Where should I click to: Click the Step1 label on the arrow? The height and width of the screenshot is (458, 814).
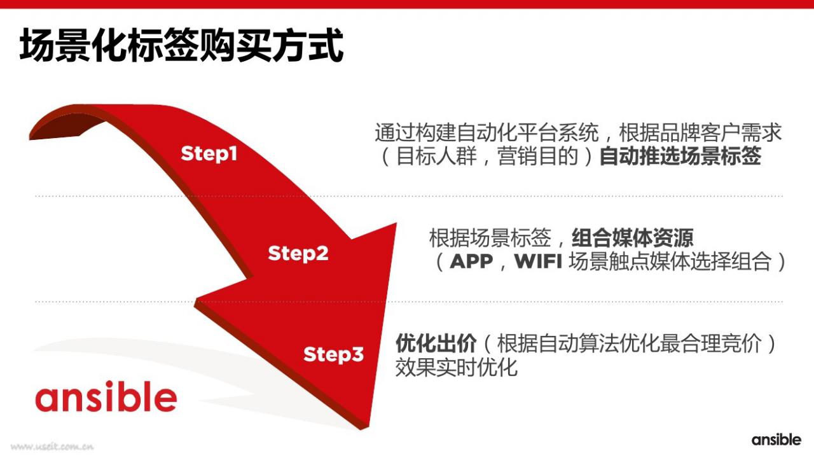coord(209,154)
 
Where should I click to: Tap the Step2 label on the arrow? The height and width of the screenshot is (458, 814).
coord(298,253)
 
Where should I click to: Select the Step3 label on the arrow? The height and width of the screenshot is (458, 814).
coord(333,354)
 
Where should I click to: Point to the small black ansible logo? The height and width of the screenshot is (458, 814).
coord(776,440)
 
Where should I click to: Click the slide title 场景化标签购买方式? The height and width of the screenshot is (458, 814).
coord(181,45)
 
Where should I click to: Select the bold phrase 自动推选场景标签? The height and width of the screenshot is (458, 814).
coord(680,156)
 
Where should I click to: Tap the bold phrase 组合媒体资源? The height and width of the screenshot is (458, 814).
coord(632,238)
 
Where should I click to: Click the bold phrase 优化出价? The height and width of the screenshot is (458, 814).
coord(436,343)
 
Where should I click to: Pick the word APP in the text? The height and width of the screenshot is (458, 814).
coord(471,261)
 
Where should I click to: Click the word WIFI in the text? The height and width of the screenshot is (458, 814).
coord(539,261)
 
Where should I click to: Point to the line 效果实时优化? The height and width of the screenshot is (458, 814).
coord(456,367)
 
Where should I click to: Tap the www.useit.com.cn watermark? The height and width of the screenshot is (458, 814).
coord(52,447)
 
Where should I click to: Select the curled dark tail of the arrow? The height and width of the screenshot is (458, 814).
coord(66,125)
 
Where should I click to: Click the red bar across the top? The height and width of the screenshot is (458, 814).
coord(407,4)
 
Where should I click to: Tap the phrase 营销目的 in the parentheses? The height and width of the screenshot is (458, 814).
coord(537,156)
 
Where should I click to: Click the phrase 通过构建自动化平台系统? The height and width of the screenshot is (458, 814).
coord(486,132)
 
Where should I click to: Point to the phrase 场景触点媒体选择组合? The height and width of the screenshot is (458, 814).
coord(670,261)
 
